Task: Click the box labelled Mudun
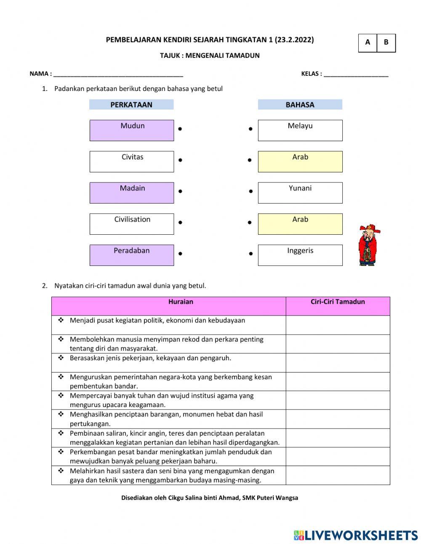pos(131,130)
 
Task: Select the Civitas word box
pos(131,161)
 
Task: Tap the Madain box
pos(131,193)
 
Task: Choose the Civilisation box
pos(131,224)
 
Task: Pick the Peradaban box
pos(131,255)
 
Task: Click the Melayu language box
pos(300,130)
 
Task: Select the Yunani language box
pos(300,193)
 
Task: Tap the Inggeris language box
pos(300,255)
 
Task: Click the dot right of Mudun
pos(180,129)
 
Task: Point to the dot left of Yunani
pos(250,191)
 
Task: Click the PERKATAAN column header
pos(131,105)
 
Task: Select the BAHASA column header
pos(300,105)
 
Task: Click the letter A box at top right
pos(368,43)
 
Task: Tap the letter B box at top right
pos(386,43)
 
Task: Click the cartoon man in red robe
pos(368,245)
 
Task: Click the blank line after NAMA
pos(118,74)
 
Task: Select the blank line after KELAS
pos(356,74)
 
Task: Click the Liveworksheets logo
pos(356,535)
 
